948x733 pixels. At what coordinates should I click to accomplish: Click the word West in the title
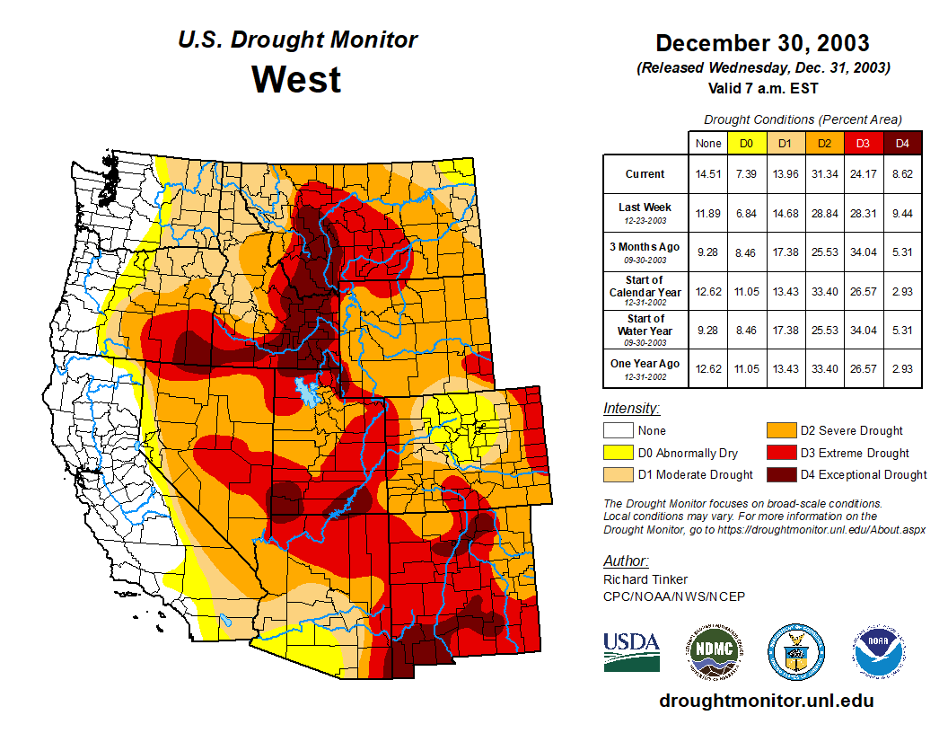pyautogui.click(x=296, y=79)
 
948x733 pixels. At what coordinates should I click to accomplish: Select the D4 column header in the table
pyautogui.click(x=902, y=143)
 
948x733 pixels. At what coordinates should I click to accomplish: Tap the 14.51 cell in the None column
pyautogui.click(x=708, y=174)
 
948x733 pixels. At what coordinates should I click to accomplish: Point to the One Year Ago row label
pyautogui.click(x=645, y=364)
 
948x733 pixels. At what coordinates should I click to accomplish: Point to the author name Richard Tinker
pyautogui.click(x=645, y=579)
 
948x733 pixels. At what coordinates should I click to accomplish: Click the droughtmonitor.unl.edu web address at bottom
pyautogui.click(x=766, y=701)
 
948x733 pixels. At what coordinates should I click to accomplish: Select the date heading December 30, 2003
pyautogui.click(x=762, y=43)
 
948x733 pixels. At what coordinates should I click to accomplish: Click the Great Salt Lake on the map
pyautogui.click(x=307, y=391)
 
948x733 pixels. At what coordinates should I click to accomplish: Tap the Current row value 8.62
pyautogui.click(x=902, y=174)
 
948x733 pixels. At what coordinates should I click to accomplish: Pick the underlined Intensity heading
pyautogui.click(x=631, y=409)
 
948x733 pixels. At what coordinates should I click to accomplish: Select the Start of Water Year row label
pyautogui.click(x=645, y=325)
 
